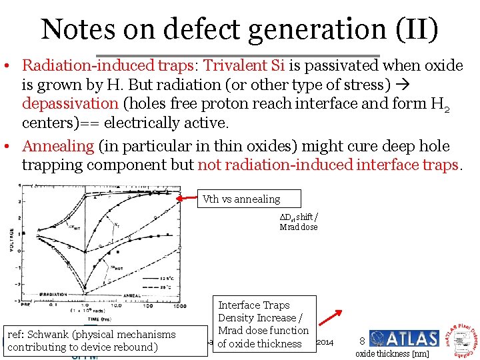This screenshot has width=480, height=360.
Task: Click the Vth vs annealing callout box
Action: pyautogui.click(x=251, y=199)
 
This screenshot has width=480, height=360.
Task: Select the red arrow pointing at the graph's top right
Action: pyautogui.click(x=189, y=197)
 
